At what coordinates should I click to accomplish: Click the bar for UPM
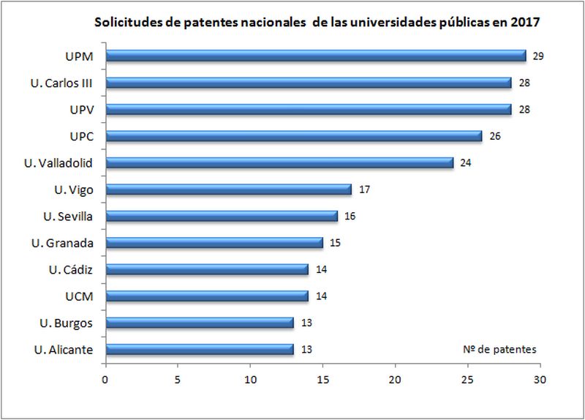point(315,56)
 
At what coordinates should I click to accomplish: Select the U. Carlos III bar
point(308,83)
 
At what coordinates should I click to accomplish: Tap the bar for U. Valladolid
point(279,162)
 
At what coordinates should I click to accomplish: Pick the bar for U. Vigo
point(228,190)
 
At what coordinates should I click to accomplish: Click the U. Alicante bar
point(199,349)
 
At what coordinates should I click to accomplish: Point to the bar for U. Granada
point(214,242)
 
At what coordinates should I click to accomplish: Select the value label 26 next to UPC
point(495,136)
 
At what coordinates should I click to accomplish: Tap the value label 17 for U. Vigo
point(364,190)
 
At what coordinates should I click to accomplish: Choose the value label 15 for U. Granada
point(335,243)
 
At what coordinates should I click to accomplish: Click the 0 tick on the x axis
point(105,380)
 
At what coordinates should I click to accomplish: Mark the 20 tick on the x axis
point(395,380)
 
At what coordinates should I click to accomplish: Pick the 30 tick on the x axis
point(540,380)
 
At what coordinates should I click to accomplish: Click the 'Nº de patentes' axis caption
point(499,350)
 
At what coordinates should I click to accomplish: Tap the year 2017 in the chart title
point(525,22)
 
